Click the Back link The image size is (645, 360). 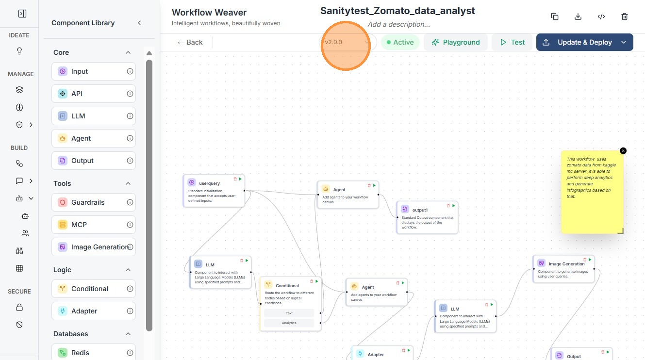pos(190,42)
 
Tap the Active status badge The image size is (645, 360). pos(400,42)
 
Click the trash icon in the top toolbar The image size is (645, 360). pos(625,16)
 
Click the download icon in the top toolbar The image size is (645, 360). pos(578,16)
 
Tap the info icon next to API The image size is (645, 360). pos(130,94)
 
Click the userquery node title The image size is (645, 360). pos(209,183)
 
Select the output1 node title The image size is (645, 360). pos(420,210)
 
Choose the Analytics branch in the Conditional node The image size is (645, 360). pos(289,323)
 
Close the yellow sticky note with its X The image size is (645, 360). pos(623,151)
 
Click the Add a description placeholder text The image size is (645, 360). pos(398,24)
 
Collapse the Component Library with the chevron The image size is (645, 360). pos(139,23)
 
